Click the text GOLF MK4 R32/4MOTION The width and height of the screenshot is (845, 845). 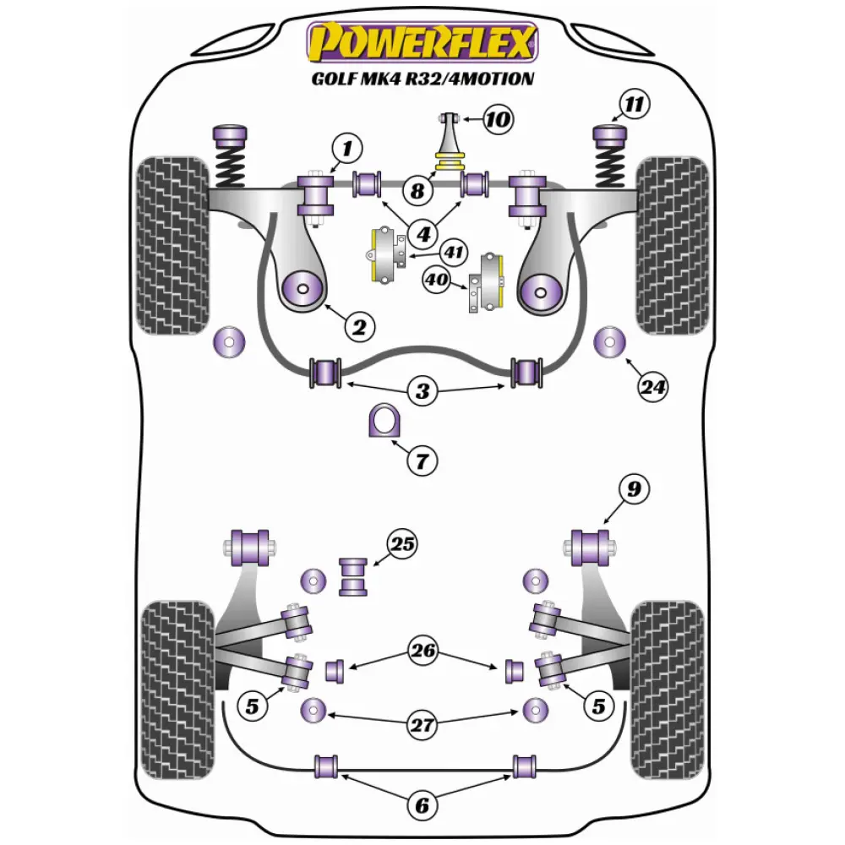(422, 79)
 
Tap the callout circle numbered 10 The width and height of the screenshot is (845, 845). (498, 120)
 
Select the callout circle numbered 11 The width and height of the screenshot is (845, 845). (633, 105)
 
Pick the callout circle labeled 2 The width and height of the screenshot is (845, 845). (359, 326)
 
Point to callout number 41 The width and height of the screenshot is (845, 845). (455, 251)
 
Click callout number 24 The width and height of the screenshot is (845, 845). (652, 387)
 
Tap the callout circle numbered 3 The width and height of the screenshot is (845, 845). (422, 391)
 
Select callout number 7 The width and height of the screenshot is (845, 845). (422, 461)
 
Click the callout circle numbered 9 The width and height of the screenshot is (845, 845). (633, 488)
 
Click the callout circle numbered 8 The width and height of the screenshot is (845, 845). (417, 190)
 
